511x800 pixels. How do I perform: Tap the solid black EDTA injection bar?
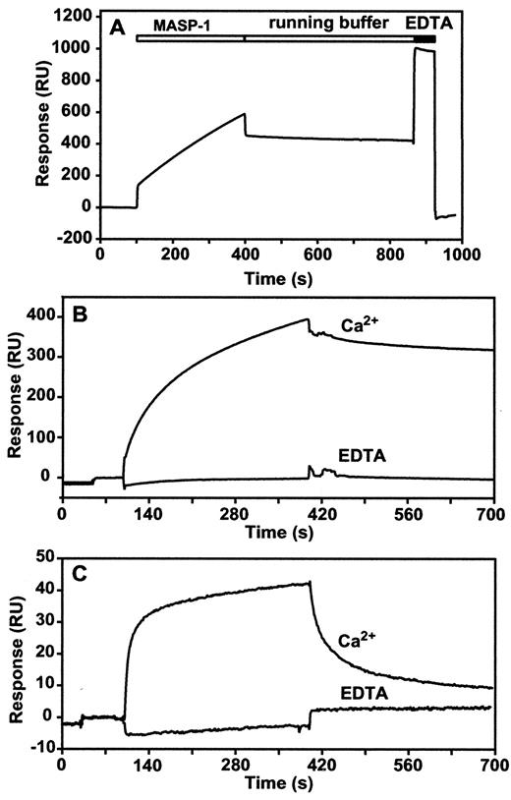(x=425, y=38)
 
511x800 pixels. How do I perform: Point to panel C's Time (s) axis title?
(x=278, y=783)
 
